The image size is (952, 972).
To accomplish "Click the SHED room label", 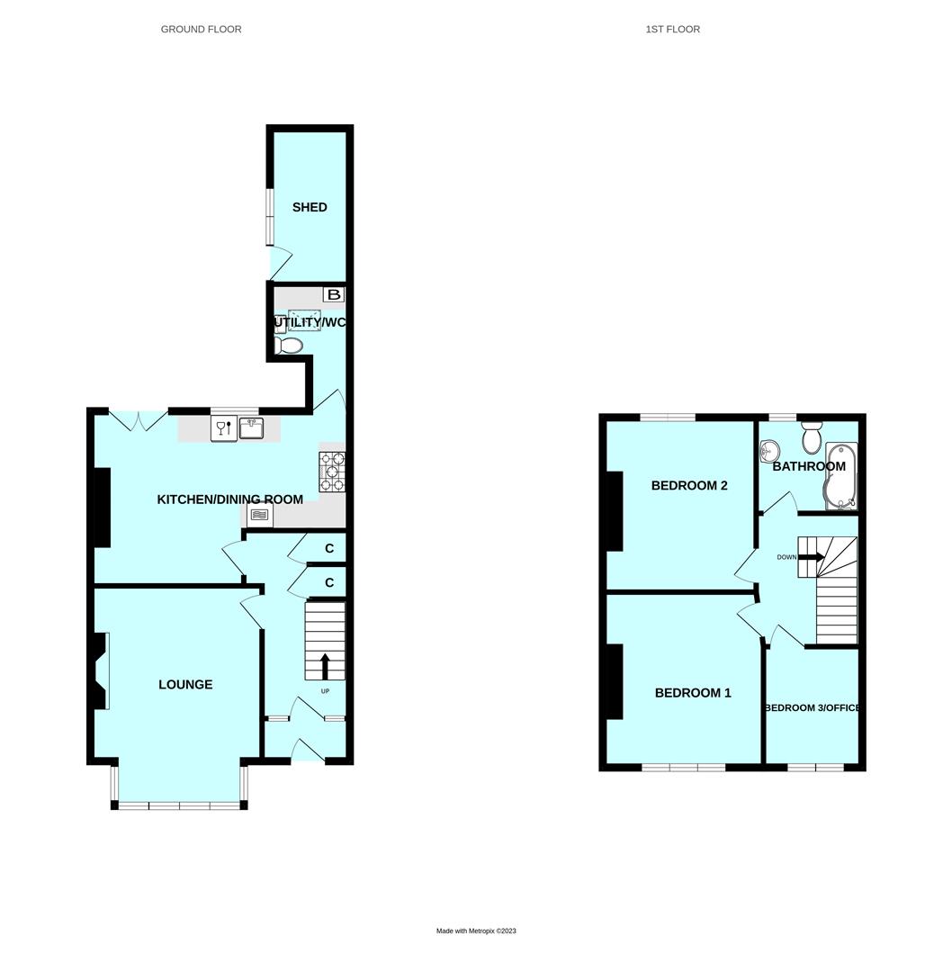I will pyautogui.click(x=310, y=207).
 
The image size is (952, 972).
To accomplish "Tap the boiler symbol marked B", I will pyautogui.click(x=334, y=294).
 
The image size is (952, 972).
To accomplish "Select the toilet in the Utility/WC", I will pyautogui.click(x=290, y=346).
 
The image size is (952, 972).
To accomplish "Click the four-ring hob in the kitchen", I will pyautogui.click(x=332, y=472).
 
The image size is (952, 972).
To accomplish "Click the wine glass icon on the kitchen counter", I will pyautogui.click(x=223, y=428).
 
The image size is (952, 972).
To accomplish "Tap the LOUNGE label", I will pyautogui.click(x=185, y=685).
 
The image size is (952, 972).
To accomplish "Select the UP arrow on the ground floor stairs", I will pyautogui.click(x=325, y=666).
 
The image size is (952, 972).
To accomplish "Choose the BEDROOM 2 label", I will pyautogui.click(x=689, y=486).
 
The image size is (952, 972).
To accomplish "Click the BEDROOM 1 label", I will pyautogui.click(x=693, y=693).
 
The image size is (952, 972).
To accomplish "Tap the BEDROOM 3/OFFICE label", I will pyautogui.click(x=812, y=708).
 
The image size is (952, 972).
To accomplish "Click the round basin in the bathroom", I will pyautogui.click(x=769, y=449).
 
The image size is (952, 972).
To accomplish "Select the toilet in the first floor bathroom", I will pyautogui.click(x=812, y=439).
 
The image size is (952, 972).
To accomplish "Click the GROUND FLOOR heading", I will pyautogui.click(x=201, y=30).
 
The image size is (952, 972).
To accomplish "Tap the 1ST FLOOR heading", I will pyautogui.click(x=672, y=30).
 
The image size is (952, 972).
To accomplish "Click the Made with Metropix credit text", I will pyautogui.click(x=476, y=931).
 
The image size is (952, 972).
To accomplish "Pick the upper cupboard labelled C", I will pyautogui.click(x=329, y=549).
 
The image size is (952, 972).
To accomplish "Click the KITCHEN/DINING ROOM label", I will pyautogui.click(x=230, y=499).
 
